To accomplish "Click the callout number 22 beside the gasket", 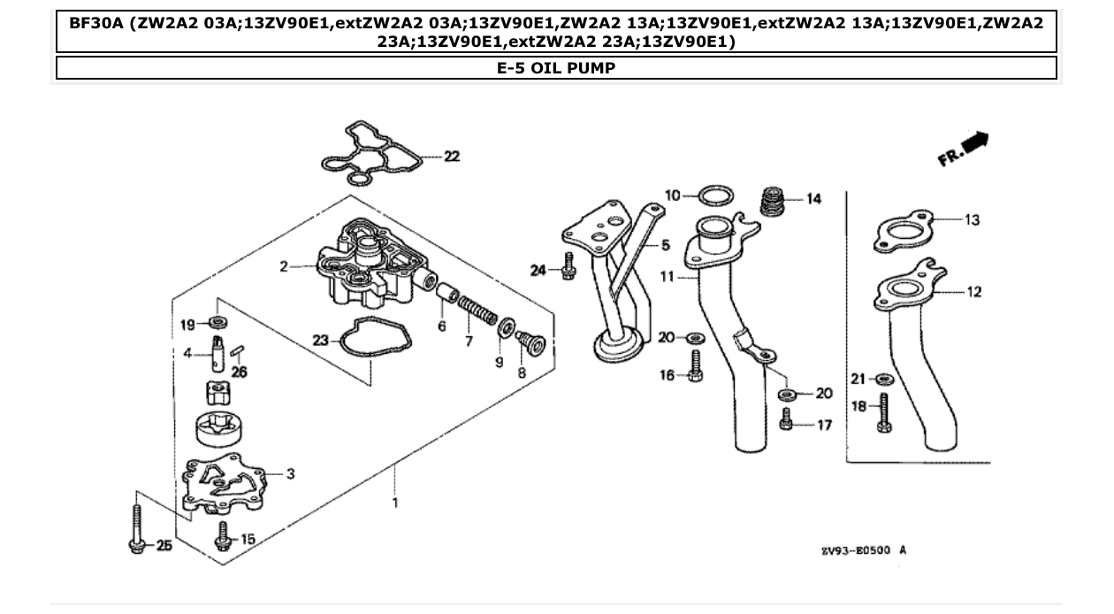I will (452, 157).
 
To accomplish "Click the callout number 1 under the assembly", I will (395, 503).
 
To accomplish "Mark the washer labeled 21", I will (882, 380).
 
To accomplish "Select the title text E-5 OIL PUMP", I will (556, 68).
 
